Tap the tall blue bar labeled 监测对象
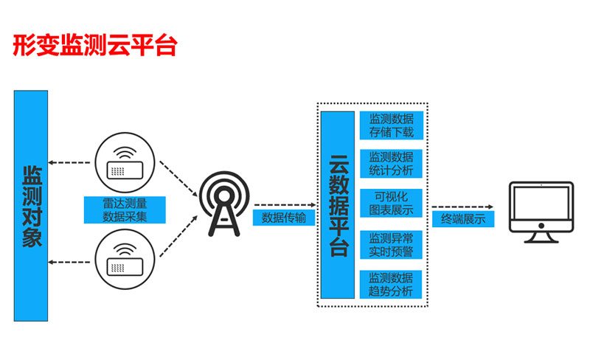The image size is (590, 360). coord(30,206)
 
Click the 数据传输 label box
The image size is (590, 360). coord(284,218)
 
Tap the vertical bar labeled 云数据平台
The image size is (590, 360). coord(338,206)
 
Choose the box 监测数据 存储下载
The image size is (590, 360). coord(391,126)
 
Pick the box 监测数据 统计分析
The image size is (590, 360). coord(391,165)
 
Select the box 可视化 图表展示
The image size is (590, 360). coord(391,204)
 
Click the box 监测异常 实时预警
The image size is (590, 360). coord(391,244)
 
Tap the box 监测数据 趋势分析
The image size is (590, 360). coord(391,284)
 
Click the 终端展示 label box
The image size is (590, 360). coord(463,219)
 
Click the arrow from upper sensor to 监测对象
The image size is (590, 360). coord(70,161)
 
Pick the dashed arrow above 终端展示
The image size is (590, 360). coord(463,207)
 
